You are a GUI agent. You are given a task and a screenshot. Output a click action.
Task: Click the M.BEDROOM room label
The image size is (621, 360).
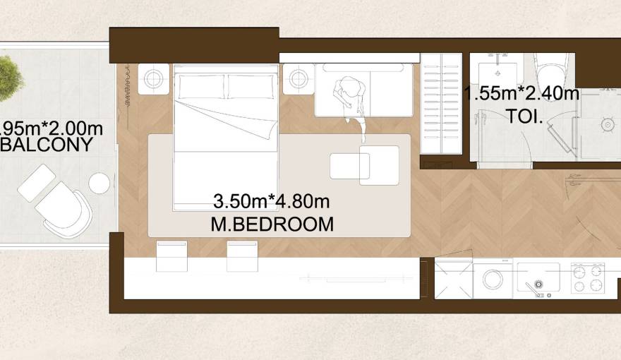pos(272,224)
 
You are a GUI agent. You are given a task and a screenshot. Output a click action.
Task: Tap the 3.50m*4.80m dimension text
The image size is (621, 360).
pos(272,202)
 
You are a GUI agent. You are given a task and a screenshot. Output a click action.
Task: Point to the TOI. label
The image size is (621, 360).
pos(524,116)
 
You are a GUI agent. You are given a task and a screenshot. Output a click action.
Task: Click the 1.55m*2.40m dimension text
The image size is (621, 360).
pos(522,94)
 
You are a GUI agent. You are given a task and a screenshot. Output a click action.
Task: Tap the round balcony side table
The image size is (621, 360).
pos(100,184)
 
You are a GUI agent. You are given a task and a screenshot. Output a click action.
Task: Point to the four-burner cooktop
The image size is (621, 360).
pos(587,277)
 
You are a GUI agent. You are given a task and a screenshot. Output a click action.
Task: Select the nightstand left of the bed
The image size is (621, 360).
pos(153,78)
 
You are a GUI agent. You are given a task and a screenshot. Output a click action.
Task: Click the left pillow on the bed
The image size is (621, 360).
pos(201,87)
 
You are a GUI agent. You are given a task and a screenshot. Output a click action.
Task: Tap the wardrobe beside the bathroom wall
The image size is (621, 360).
pos(441,103)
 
